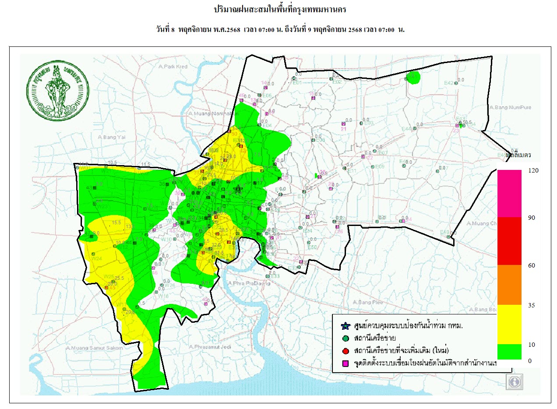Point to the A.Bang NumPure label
tap(510, 107)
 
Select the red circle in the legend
tap(345, 351)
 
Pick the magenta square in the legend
tap(345, 363)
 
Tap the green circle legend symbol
tap(345, 338)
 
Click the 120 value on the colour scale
tap(531, 170)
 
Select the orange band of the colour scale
tap(509, 285)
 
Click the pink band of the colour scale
tap(509, 193)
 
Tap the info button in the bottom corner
tap(515, 381)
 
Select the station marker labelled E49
tap(448, 237)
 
